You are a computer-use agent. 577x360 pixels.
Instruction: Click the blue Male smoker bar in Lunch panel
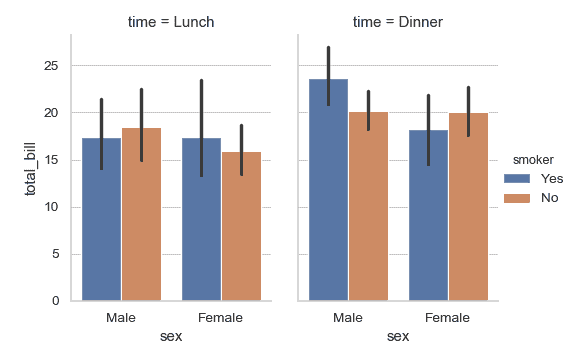101,219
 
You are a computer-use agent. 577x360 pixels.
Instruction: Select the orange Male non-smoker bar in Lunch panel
141,214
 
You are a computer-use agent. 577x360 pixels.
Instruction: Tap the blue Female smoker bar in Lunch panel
201,219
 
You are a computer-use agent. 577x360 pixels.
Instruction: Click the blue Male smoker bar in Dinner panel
328,190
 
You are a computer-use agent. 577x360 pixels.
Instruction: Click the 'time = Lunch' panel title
171,21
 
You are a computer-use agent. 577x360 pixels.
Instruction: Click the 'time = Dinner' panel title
398,21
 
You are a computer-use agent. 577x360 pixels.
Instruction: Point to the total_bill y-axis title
31,167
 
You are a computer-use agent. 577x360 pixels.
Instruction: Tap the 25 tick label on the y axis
52,66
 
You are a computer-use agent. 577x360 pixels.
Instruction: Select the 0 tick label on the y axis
56,301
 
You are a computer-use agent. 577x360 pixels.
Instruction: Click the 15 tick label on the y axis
52,160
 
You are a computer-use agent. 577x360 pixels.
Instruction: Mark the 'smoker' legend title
531,158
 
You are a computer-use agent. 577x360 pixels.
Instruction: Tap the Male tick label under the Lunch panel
121,318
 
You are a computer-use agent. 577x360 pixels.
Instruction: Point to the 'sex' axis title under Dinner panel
398,337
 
